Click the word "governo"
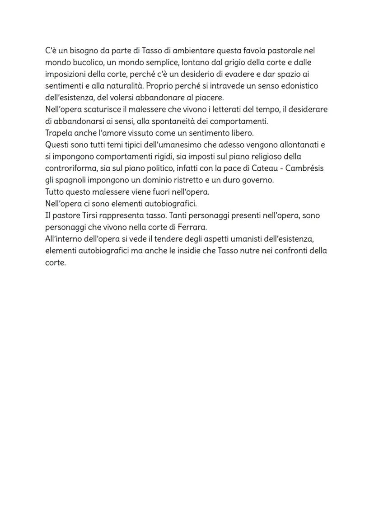(258, 180)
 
